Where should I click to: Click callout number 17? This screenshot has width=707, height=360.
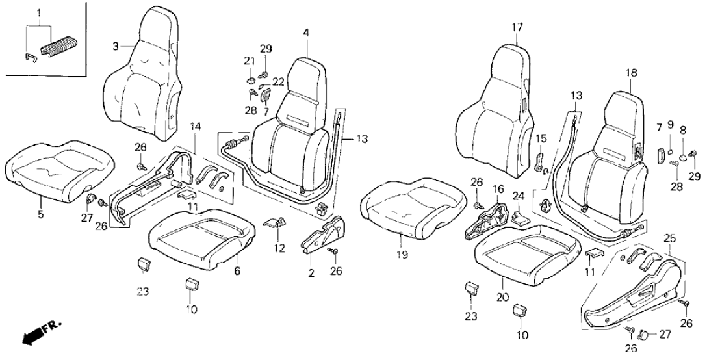(517, 27)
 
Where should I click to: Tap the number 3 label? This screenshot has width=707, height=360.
(115, 46)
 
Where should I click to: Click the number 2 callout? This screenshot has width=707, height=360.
(311, 274)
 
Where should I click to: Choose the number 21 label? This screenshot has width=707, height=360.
(248, 60)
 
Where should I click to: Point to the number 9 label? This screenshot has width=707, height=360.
(671, 124)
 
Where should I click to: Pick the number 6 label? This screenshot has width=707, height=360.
(237, 271)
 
